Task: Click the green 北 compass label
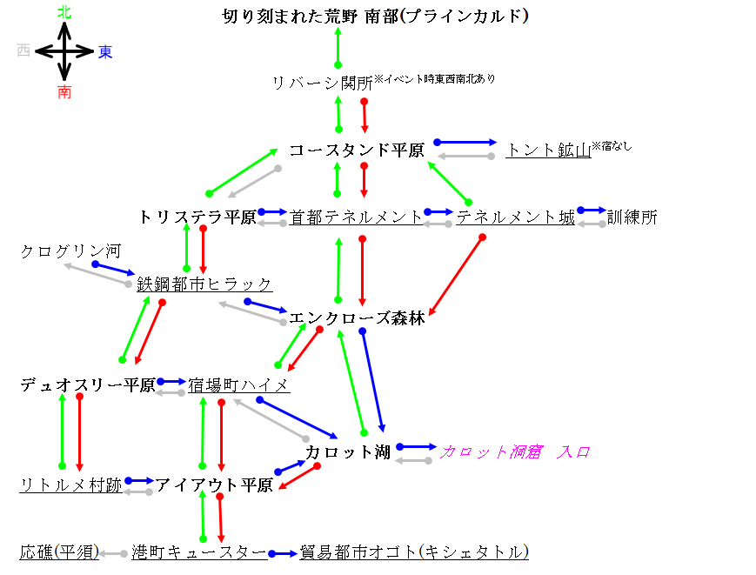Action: pyautogui.click(x=64, y=12)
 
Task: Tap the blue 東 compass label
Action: pyautogui.click(x=105, y=51)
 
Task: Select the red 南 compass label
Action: pyautogui.click(x=64, y=92)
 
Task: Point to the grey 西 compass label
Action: pyautogui.click(x=23, y=50)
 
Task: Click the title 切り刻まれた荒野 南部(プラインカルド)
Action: pyautogui.click(x=376, y=17)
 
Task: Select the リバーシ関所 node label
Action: pyautogui.click(x=323, y=83)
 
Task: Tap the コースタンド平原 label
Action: pyautogui.click(x=357, y=150)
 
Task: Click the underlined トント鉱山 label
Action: pyautogui.click(x=549, y=150)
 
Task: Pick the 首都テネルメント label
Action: pyautogui.click(x=357, y=217)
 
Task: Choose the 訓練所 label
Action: pyautogui.click(x=632, y=217)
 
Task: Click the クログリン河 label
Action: pyautogui.click(x=70, y=251)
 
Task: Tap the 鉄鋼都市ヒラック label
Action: pyautogui.click(x=205, y=284)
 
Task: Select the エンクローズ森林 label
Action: pyautogui.click(x=357, y=318)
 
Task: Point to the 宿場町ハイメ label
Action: pyautogui.click(x=239, y=385)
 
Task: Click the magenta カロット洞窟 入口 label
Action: pyautogui.click(x=515, y=452)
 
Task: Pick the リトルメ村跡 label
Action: pyautogui.click(x=70, y=485)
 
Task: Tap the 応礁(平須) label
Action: pyautogui.click(x=59, y=552)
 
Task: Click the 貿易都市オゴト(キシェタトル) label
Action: pyautogui.click(x=414, y=552)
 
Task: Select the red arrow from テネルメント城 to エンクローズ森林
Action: pyautogui.click(x=456, y=276)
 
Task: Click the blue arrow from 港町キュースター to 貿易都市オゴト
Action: pyautogui.click(x=283, y=554)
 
